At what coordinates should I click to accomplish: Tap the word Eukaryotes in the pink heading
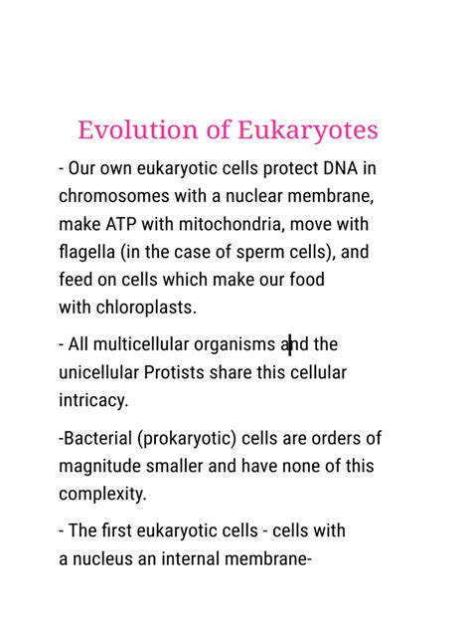point(308,130)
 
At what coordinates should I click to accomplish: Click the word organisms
point(239,345)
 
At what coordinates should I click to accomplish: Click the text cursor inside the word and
point(290,345)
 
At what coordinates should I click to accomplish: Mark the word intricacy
point(92,400)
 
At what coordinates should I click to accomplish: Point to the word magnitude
point(103,466)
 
